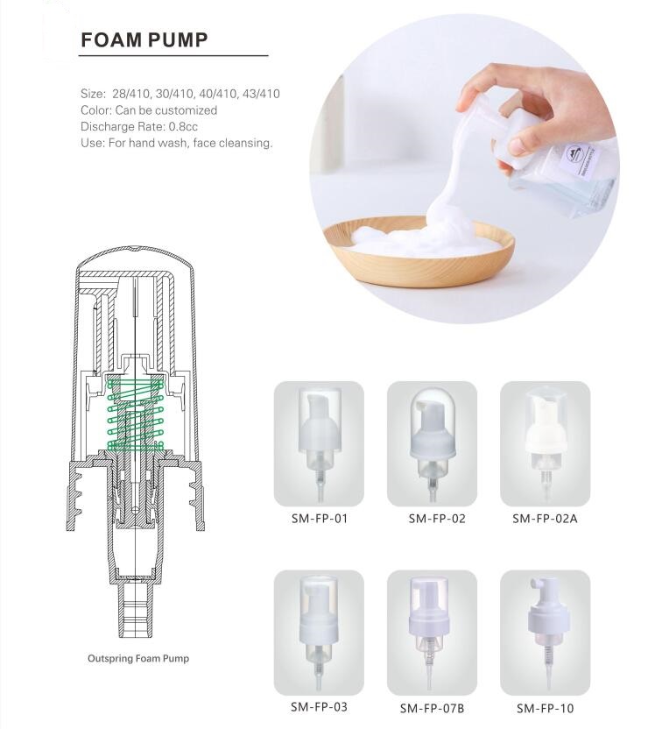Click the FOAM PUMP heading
[x=144, y=40]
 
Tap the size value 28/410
[x=131, y=94]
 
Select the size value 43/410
[x=261, y=94]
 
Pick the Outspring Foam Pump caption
[x=138, y=658]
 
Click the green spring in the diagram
[x=136, y=414]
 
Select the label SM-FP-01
[x=319, y=519]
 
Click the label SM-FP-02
[x=437, y=519]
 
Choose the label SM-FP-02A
[x=545, y=519]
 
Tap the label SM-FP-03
[x=319, y=707]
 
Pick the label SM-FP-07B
[x=432, y=708]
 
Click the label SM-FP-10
[x=545, y=708]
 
